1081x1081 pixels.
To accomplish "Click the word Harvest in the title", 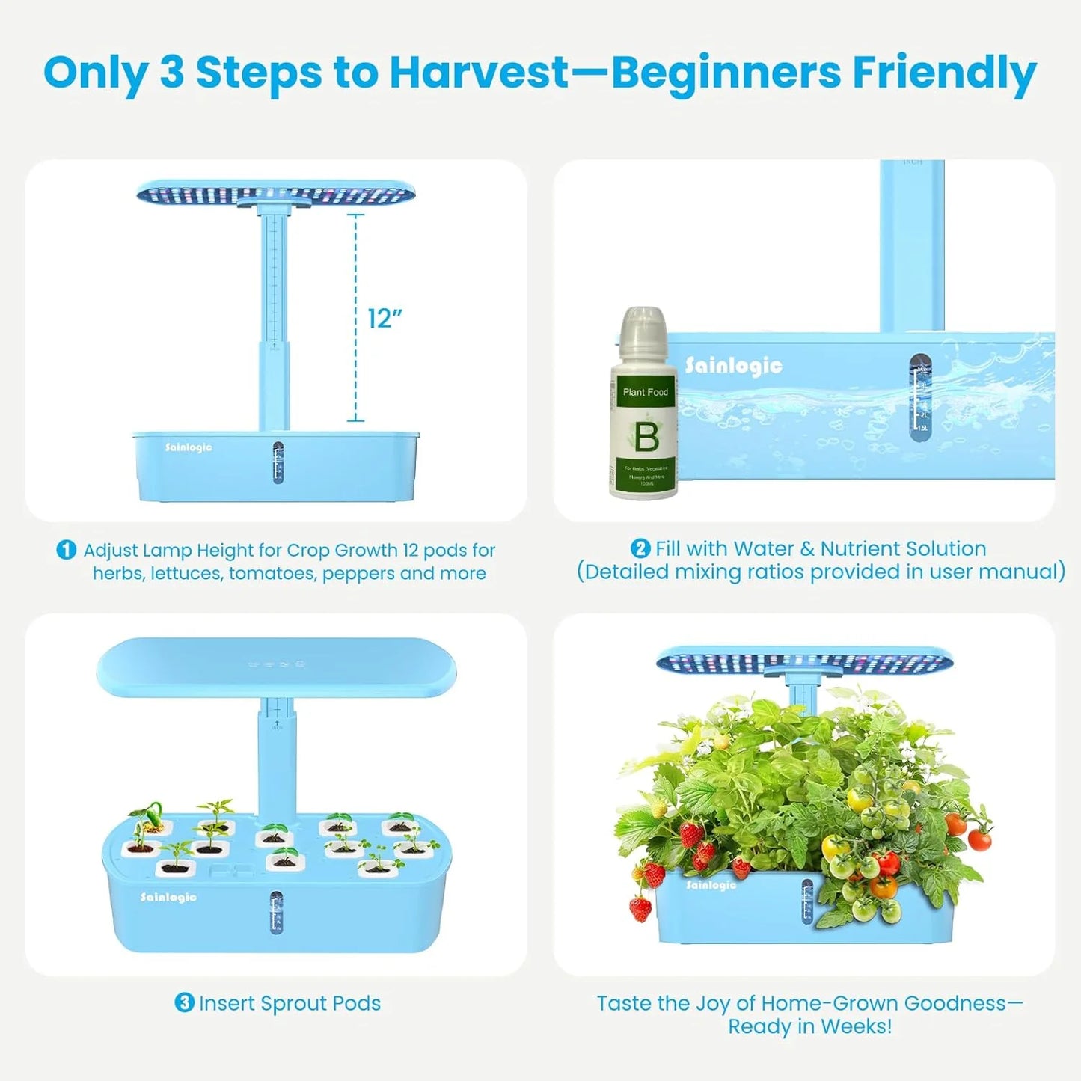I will [479, 73].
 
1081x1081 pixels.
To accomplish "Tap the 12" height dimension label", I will [385, 319].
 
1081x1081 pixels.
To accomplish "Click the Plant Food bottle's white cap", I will [642, 330].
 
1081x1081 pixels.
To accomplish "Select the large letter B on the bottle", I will [646, 437].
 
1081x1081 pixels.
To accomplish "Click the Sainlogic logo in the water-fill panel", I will [734, 366].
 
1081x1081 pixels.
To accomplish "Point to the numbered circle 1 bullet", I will [67, 550].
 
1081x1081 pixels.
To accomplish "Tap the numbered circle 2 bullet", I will [640, 548].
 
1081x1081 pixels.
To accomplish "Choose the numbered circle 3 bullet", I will [184, 1002].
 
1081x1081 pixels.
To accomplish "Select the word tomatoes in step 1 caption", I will [272, 573].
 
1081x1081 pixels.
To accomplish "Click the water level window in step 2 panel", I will [920, 396].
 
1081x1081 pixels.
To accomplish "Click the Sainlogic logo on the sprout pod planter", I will [168, 897].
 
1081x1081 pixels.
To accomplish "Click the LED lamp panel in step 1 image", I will [275, 194].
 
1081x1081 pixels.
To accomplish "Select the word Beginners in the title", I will [726, 73].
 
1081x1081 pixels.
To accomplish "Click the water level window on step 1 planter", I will [278, 462].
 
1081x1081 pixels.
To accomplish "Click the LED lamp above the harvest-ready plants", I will [805, 661].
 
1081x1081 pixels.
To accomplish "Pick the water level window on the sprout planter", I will [276, 912].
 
